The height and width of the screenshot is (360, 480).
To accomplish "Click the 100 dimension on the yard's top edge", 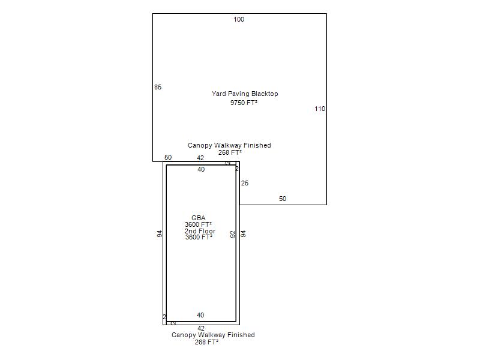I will [239, 19].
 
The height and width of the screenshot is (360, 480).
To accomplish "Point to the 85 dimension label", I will [158, 87].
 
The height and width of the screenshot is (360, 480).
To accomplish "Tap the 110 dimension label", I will [320, 109].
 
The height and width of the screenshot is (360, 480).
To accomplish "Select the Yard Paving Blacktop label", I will [245, 94].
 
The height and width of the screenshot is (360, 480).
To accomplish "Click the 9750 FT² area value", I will [244, 103].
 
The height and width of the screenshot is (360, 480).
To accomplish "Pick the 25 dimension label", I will [245, 183].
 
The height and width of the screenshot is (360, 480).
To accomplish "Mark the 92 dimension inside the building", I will [233, 234].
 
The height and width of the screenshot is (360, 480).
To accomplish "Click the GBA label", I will [199, 218].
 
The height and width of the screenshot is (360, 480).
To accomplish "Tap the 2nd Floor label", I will [200, 231].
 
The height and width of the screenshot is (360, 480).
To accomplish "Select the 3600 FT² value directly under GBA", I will [198, 224].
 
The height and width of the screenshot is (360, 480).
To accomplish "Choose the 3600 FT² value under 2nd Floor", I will [199, 237].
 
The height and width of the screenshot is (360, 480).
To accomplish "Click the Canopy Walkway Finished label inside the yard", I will [229, 145].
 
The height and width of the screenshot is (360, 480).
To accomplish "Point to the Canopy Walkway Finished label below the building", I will [213, 335].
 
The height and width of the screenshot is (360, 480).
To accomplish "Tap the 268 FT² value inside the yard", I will [229, 152].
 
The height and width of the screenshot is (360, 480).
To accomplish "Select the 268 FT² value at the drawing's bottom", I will [206, 342].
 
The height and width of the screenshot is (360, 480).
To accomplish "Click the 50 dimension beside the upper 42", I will [168, 157].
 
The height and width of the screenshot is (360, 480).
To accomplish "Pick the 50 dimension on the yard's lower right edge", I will [283, 199].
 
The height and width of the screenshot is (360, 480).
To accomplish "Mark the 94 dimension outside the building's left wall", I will [160, 234].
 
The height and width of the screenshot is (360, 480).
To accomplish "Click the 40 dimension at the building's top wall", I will [201, 169].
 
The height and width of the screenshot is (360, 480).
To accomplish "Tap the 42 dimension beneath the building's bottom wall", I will [201, 328].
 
